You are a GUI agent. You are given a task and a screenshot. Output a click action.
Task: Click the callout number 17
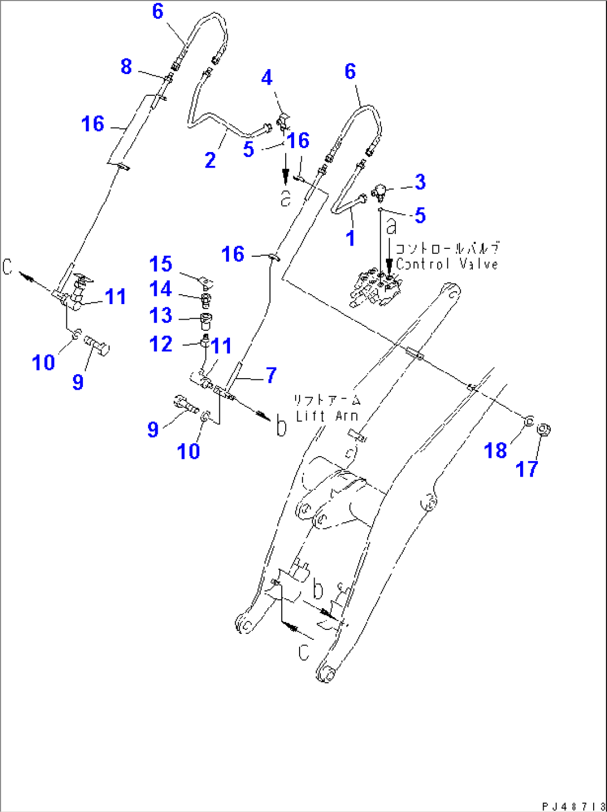click(526, 469)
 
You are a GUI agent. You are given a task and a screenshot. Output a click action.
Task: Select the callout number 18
click(495, 450)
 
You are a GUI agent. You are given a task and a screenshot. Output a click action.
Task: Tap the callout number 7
click(271, 375)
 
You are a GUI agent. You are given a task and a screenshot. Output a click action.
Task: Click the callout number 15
click(160, 264)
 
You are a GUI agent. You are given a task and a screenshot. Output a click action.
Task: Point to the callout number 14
click(160, 289)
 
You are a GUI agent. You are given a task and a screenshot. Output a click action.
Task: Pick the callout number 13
click(160, 315)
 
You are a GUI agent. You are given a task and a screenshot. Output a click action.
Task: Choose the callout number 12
click(160, 344)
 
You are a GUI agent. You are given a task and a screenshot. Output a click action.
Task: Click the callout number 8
click(126, 66)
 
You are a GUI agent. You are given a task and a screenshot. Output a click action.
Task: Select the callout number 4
click(267, 77)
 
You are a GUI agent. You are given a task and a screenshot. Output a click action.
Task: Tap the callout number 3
click(420, 182)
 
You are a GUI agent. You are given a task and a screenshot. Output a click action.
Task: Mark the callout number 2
click(210, 160)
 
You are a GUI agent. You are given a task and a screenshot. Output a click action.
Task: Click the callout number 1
click(350, 238)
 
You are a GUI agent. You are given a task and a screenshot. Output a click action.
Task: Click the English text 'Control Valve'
click(447, 264)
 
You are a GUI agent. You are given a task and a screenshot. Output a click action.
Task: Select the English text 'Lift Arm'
click(327, 415)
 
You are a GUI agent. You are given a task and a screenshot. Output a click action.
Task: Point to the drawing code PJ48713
click(573, 806)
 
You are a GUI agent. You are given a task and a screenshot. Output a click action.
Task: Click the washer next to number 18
click(528, 420)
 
